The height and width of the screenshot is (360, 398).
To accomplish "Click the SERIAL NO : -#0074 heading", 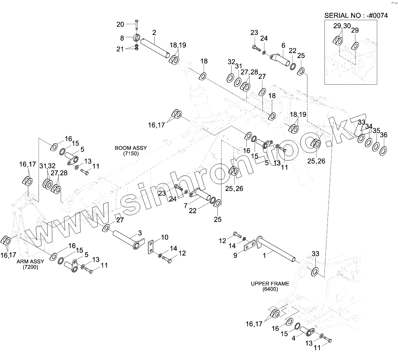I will pyautogui.click(x=356, y=16).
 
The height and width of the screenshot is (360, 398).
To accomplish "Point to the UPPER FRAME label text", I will pyautogui.click(x=270, y=284).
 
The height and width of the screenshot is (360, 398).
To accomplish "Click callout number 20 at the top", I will pyautogui.click(x=120, y=24).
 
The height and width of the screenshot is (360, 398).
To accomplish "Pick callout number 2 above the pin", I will pyautogui.click(x=154, y=33).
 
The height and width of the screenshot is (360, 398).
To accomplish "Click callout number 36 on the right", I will pyautogui.click(x=384, y=135).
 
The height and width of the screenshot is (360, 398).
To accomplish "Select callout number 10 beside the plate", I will pyautogui.click(x=164, y=237).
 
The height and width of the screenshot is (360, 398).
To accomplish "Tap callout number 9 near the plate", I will pyautogui.click(x=235, y=256).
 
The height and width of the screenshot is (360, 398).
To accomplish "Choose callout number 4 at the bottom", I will pyautogui.click(x=294, y=339).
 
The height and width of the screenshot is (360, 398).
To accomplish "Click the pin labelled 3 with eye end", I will pyautogui.click(x=128, y=239).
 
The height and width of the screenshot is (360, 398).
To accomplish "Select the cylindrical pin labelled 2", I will pyautogui.click(x=154, y=48).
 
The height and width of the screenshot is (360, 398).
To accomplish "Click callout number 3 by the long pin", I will pyautogui.click(x=140, y=233).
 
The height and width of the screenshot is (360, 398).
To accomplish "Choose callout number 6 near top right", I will pyautogui.click(x=283, y=45).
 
